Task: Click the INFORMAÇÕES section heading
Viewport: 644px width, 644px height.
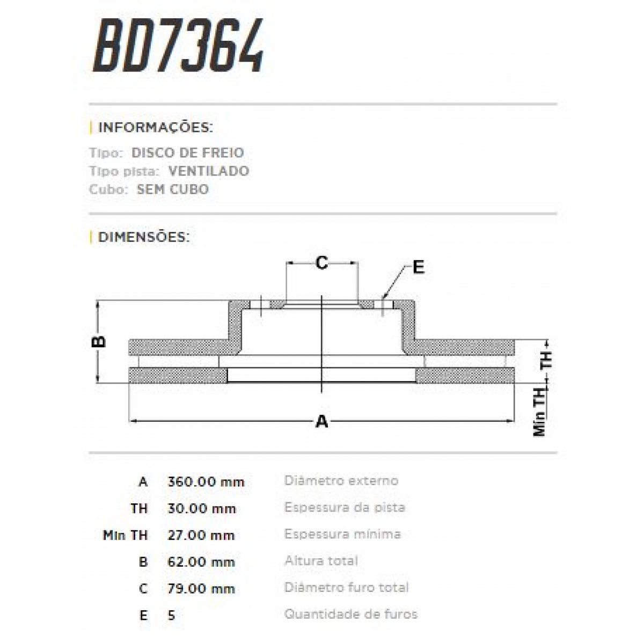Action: pos(156,128)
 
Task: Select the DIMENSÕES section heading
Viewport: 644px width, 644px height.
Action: pos(144,237)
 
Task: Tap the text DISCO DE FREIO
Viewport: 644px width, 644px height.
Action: pos(187,152)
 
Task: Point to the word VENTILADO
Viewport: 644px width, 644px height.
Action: pos(208,171)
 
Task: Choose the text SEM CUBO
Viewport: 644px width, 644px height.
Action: pos(173,189)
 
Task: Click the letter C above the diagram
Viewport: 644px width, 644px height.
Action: pos(321,263)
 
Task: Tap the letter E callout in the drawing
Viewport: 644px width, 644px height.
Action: pos(418,267)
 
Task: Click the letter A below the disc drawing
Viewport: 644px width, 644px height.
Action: pos(321,421)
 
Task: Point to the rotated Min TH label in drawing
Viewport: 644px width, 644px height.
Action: pos(540,412)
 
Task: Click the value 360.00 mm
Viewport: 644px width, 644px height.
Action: pos(206,481)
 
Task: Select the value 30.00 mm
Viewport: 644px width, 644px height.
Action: pos(202,508)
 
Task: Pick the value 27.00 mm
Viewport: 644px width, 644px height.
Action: pos(201,535)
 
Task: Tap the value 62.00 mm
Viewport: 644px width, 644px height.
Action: pos(201,562)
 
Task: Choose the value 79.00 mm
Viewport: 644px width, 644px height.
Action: pos(201,589)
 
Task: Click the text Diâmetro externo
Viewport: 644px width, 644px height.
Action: pos(341,480)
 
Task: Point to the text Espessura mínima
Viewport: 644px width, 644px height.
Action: pos(342,534)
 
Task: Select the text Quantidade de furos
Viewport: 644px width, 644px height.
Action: pos(351,614)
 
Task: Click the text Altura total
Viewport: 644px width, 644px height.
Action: pos(321,561)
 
